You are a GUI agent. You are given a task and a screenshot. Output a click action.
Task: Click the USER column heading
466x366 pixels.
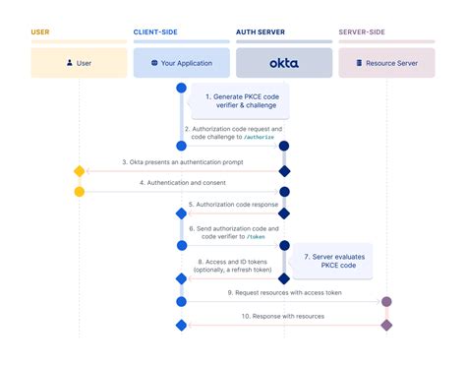[40, 32]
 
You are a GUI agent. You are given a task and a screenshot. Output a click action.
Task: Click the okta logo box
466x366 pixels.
[284, 62]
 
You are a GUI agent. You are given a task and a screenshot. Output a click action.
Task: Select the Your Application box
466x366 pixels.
[182, 62]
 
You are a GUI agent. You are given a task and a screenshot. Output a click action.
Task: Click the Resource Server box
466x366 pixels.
[387, 62]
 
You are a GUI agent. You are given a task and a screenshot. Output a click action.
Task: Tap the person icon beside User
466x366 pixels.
[69, 62]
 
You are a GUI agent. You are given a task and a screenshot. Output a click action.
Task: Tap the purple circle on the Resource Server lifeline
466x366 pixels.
[386, 301]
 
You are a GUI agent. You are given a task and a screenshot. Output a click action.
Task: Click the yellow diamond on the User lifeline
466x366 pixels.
[80, 171]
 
